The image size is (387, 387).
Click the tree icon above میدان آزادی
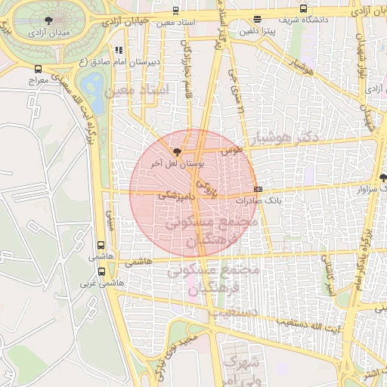pyautogui.click(x=50, y=21)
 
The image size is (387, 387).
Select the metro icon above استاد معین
pyautogui.click(x=176, y=11)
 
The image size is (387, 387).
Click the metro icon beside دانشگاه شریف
pyautogui.click(x=303, y=9)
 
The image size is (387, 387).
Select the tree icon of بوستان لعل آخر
pyautogui.click(x=177, y=151)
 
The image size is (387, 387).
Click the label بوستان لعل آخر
pyautogui.click(x=161, y=163)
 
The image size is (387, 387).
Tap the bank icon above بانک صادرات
pyautogui.click(x=259, y=188)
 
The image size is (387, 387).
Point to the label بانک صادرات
pyautogui.click(x=258, y=201)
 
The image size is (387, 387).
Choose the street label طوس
pyautogui.click(x=232, y=150)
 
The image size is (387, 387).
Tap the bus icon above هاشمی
pyautogui.click(x=101, y=246)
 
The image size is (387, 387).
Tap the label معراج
pyautogui.click(x=38, y=79)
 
